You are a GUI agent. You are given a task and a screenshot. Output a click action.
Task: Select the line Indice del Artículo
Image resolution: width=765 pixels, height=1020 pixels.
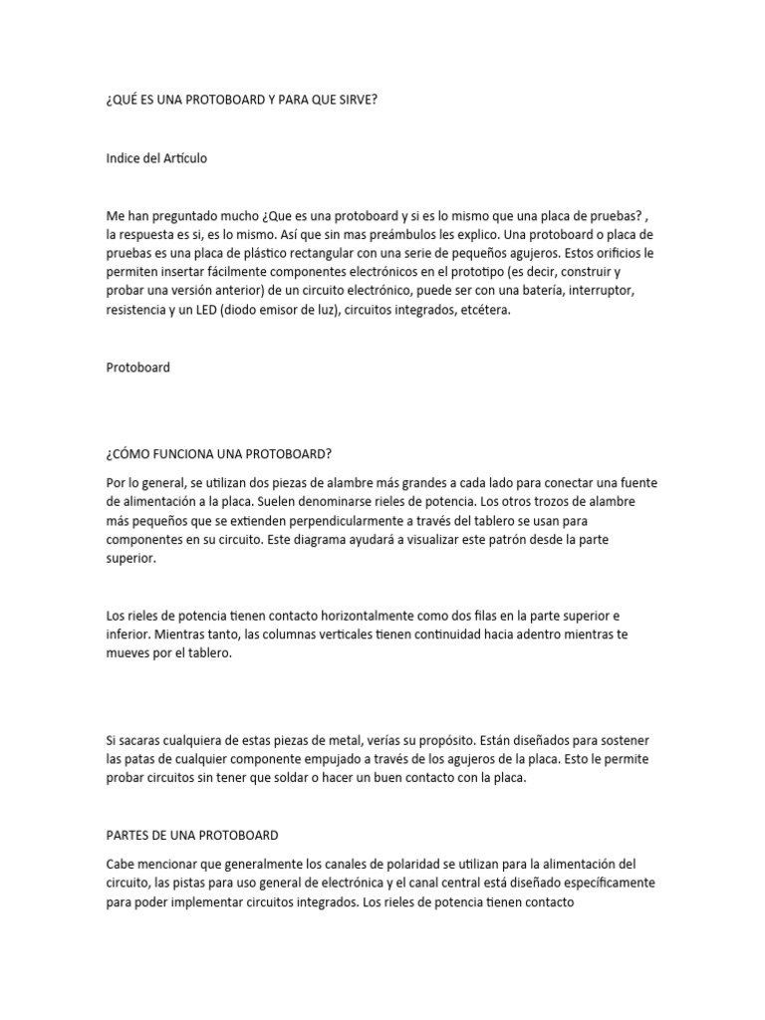[156, 158]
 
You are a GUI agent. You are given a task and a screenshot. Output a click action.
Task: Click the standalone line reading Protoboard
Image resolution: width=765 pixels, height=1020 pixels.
[138, 368]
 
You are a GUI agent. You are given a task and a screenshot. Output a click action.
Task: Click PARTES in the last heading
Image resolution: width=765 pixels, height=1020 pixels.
[130, 835]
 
